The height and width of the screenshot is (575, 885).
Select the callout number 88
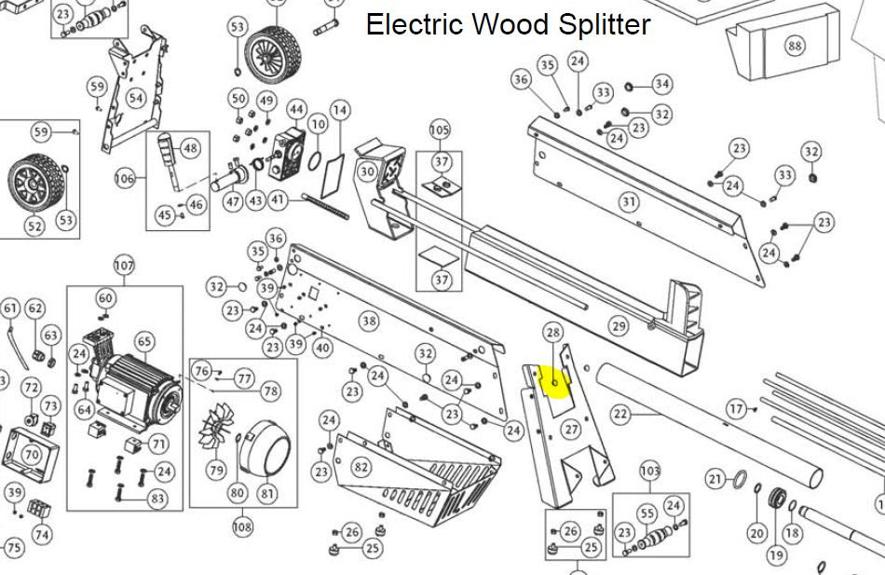tap(794, 46)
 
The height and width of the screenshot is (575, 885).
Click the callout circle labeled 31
tap(630, 201)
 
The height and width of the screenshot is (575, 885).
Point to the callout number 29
tap(619, 325)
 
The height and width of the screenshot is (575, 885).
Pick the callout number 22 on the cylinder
tap(620, 413)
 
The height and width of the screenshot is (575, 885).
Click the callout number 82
tap(361, 466)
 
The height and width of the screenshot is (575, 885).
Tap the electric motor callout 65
tap(143, 342)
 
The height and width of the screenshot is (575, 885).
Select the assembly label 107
tap(124, 266)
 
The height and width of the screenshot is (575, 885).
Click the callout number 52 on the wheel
tap(34, 226)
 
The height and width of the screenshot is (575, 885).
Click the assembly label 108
tap(242, 527)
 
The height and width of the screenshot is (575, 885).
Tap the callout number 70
tap(31, 455)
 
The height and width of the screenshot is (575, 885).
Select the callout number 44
tap(296, 110)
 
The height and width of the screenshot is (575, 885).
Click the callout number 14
tap(340, 111)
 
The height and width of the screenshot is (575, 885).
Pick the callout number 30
tap(367, 171)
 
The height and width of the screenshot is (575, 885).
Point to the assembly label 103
tap(649, 472)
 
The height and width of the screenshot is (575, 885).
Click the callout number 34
tap(661, 84)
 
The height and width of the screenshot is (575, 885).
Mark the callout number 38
tap(369, 322)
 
